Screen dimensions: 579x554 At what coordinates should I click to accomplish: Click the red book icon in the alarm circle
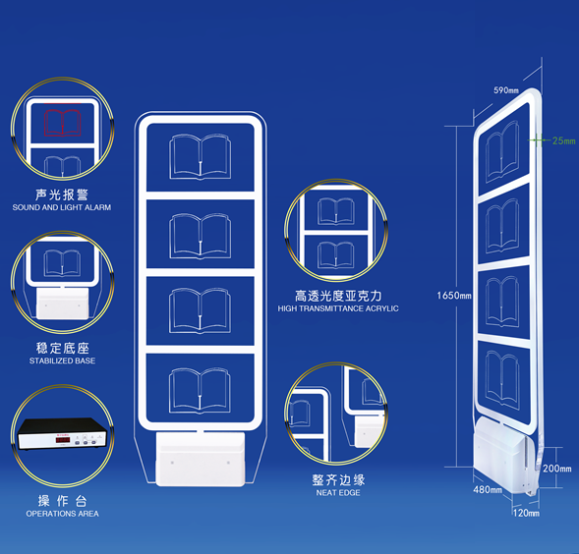tap(62, 123)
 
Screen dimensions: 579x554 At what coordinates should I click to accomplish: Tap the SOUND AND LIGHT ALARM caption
tap(62, 207)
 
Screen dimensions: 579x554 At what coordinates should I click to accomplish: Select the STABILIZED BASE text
tap(62, 360)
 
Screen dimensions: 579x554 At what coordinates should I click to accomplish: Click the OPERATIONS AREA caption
tap(62, 514)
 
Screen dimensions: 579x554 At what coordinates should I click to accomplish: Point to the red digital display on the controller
tap(62, 440)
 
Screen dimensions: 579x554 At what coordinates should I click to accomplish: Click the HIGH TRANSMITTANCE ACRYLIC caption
tap(338, 308)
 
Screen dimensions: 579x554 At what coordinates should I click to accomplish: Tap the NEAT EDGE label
tap(338, 492)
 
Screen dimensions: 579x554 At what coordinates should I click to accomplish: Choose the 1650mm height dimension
tap(454, 296)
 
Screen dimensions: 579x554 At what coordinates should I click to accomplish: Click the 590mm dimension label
tap(506, 90)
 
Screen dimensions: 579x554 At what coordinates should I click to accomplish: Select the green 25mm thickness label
tap(563, 140)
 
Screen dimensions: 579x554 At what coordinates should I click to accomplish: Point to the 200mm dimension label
tap(556, 469)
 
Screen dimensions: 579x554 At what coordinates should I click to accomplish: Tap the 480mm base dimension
tap(488, 489)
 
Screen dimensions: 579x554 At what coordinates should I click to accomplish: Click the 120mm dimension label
tap(526, 513)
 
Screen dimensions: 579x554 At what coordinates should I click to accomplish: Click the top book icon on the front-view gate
tap(201, 157)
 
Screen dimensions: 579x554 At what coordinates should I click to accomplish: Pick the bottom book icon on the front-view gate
tap(200, 390)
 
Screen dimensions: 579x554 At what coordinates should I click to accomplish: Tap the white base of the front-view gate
tap(201, 459)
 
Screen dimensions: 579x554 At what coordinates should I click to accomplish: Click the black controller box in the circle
tap(62, 433)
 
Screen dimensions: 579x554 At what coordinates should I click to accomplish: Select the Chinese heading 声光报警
tap(62, 194)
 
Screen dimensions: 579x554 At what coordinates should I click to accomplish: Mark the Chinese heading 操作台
tap(62, 501)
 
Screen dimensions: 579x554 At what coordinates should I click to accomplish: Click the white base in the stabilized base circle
tap(62, 304)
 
